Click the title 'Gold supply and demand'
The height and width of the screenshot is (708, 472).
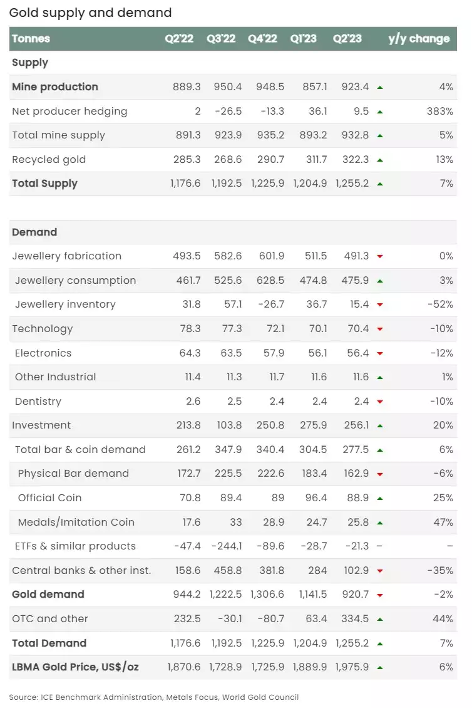click(90, 13)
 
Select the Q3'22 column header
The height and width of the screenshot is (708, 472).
click(221, 39)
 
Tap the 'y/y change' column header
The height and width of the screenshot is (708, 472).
click(419, 39)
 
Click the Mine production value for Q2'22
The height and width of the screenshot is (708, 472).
click(187, 87)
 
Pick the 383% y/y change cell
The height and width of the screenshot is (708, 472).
click(440, 112)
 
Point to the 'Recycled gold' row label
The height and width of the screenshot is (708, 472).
click(49, 160)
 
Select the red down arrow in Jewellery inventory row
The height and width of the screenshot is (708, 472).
click(380, 305)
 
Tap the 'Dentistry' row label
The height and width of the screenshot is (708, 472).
click(38, 402)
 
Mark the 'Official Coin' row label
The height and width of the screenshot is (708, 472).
click(49, 498)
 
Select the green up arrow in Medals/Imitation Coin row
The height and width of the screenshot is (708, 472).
click(380, 523)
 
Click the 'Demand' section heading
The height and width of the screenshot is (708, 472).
click(34, 232)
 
